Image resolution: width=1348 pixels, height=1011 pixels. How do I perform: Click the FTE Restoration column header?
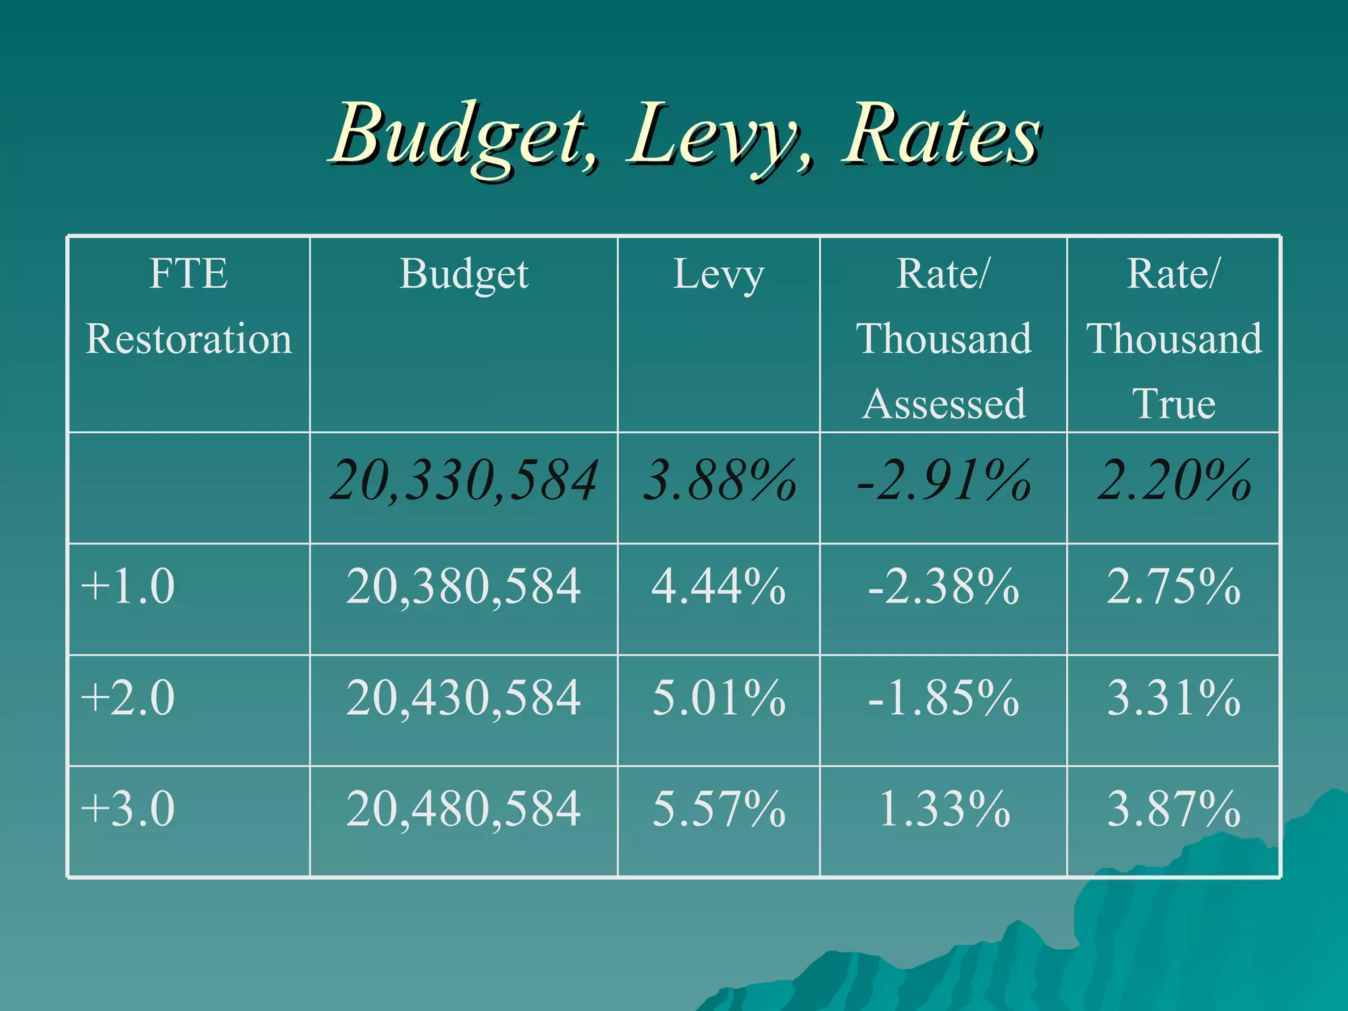(188, 306)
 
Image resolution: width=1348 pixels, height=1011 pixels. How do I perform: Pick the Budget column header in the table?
(463, 274)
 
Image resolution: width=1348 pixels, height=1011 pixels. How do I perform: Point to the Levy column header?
(718, 274)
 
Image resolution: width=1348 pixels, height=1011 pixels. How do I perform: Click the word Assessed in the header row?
(943, 403)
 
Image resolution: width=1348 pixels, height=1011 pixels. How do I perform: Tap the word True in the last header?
(1173, 403)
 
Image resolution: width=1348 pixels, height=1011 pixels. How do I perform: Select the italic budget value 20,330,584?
(463, 480)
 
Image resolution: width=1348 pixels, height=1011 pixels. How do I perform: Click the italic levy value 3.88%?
(718, 480)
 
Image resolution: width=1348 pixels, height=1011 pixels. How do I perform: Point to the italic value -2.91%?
(943, 480)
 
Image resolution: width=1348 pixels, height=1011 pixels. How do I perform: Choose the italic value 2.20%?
(1173, 480)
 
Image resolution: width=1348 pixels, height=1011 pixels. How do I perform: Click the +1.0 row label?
(128, 586)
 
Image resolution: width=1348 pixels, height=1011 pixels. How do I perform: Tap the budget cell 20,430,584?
(463, 698)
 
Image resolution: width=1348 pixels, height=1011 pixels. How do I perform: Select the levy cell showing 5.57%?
(718, 809)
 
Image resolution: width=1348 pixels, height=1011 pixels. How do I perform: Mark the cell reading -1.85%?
(943, 698)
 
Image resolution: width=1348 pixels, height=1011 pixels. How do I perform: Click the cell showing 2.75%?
(1173, 586)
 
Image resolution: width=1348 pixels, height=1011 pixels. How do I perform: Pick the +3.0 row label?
(128, 809)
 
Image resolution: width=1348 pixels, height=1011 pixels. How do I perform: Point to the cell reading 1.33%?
(943, 809)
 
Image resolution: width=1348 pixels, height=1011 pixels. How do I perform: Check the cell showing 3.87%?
(1173, 809)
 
